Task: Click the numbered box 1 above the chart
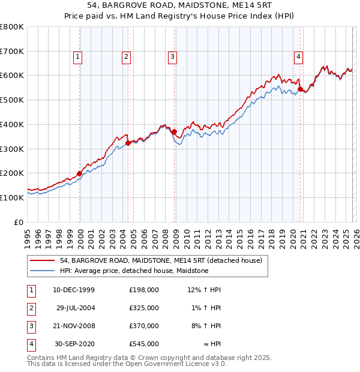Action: (x=79, y=57)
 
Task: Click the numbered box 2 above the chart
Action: (x=127, y=57)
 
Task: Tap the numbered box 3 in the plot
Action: (x=172, y=57)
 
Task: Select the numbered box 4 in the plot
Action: (x=298, y=57)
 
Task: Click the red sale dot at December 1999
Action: (x=80, y=173)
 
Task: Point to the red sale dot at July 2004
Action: (x=128, y=143)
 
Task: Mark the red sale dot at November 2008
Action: (x=174, y=132)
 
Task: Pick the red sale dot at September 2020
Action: (x=300, y=89)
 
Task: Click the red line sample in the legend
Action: (x=43, y=261)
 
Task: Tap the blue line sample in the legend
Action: (x=43, y=271)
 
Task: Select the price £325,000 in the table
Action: (x=144, y=308)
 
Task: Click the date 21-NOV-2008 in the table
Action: (x=74, y=326)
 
